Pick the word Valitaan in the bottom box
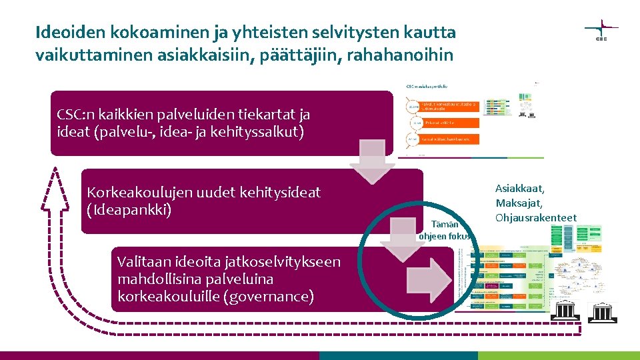click(x=143, y=262)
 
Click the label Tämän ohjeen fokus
click(x=445, y=230)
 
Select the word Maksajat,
click(x=519, y=203)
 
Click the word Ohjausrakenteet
click(x=536, y=218)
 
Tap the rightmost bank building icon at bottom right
click(x=604, y=311)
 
